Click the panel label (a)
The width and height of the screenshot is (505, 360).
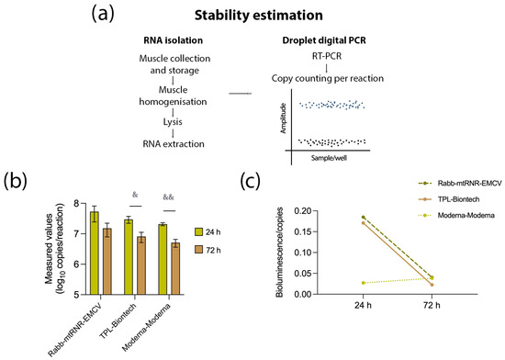[128, 16]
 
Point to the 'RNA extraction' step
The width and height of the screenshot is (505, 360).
[146, 143]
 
